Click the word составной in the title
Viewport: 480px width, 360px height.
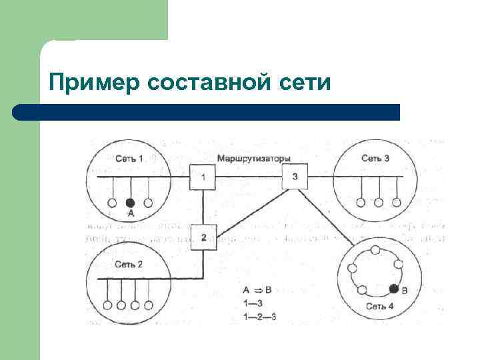(207, 83)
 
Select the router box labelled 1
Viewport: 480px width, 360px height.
(203, 177)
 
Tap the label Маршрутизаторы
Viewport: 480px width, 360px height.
(253, 159)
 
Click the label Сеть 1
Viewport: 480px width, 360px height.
(129, 159)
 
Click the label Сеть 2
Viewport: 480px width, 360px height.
(128, 265)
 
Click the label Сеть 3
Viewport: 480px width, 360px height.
(375, 158)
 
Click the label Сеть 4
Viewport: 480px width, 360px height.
(380, 307)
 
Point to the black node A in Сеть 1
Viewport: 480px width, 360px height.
(131, 202)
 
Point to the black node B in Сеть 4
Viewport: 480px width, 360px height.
(394, 289)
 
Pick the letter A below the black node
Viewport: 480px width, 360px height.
(131, 213)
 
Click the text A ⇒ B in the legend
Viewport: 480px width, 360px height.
(257, 290)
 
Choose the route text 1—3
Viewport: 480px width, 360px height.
(253, 302)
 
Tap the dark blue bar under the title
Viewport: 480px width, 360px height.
(207, 112)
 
